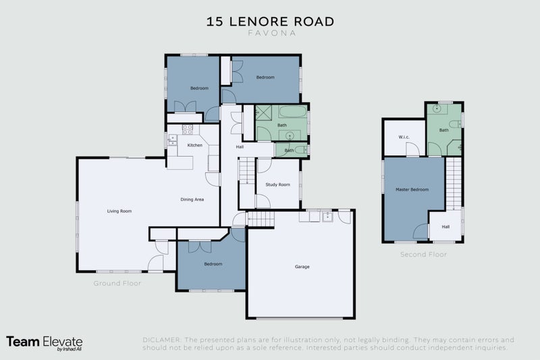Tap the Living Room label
point(119,211)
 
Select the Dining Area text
point(192,199)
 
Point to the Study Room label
point(277,184)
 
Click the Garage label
point(302,267)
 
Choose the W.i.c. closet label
point(404,137)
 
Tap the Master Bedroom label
point(412,190)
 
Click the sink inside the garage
point(327,217)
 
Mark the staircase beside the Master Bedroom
point(454,182)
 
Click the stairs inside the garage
point(261,219)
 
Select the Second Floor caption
point(423,255)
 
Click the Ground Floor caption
point(117,284)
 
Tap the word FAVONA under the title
point(270,32)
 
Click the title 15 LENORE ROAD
point(270,21)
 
